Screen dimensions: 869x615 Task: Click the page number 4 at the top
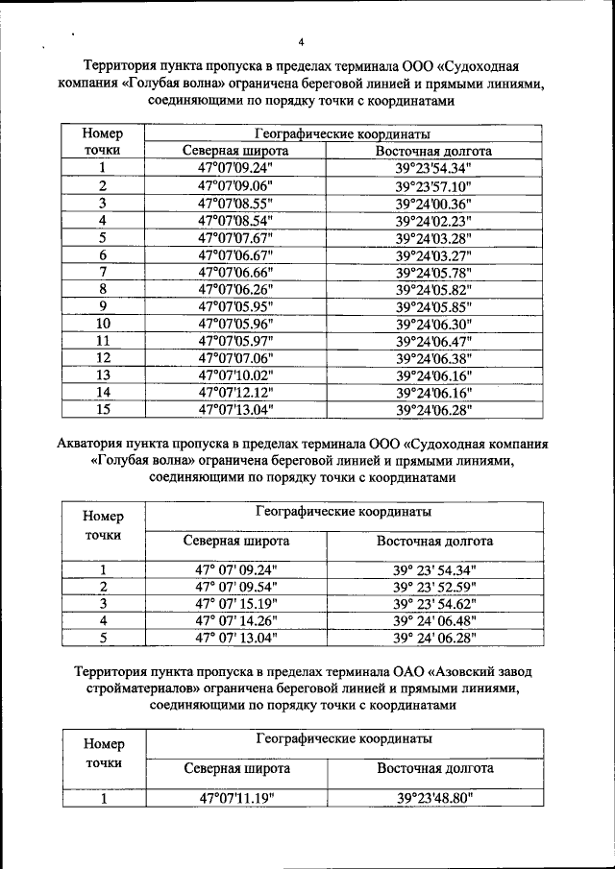click(301, 42)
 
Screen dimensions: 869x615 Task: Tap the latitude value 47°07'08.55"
click(236, 203)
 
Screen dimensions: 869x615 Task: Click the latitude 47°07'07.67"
click(236, 237)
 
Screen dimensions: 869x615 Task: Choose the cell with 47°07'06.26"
click(236, 289)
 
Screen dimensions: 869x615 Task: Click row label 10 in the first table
click(103, 324)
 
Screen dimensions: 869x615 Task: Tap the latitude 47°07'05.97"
click(236, 341)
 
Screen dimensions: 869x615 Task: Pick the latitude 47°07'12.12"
click(236, 393)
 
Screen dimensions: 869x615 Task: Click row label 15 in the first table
click(103, 410)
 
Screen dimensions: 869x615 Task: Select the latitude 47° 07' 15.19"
click(236, 603)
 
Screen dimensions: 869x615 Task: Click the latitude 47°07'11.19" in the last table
click(236, 798)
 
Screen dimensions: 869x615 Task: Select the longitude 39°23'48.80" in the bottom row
click(434, 798)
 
